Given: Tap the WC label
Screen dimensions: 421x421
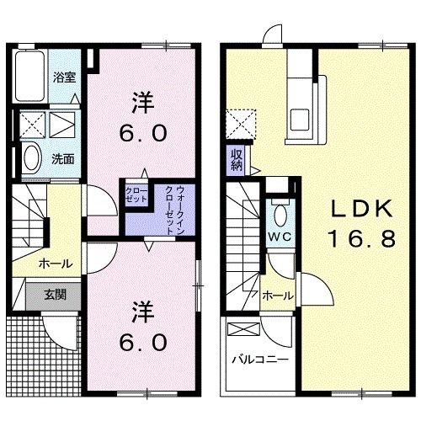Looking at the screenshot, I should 280,237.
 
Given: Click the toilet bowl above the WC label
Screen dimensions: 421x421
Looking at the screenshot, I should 281,210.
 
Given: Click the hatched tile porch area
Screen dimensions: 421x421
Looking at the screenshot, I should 26,353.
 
